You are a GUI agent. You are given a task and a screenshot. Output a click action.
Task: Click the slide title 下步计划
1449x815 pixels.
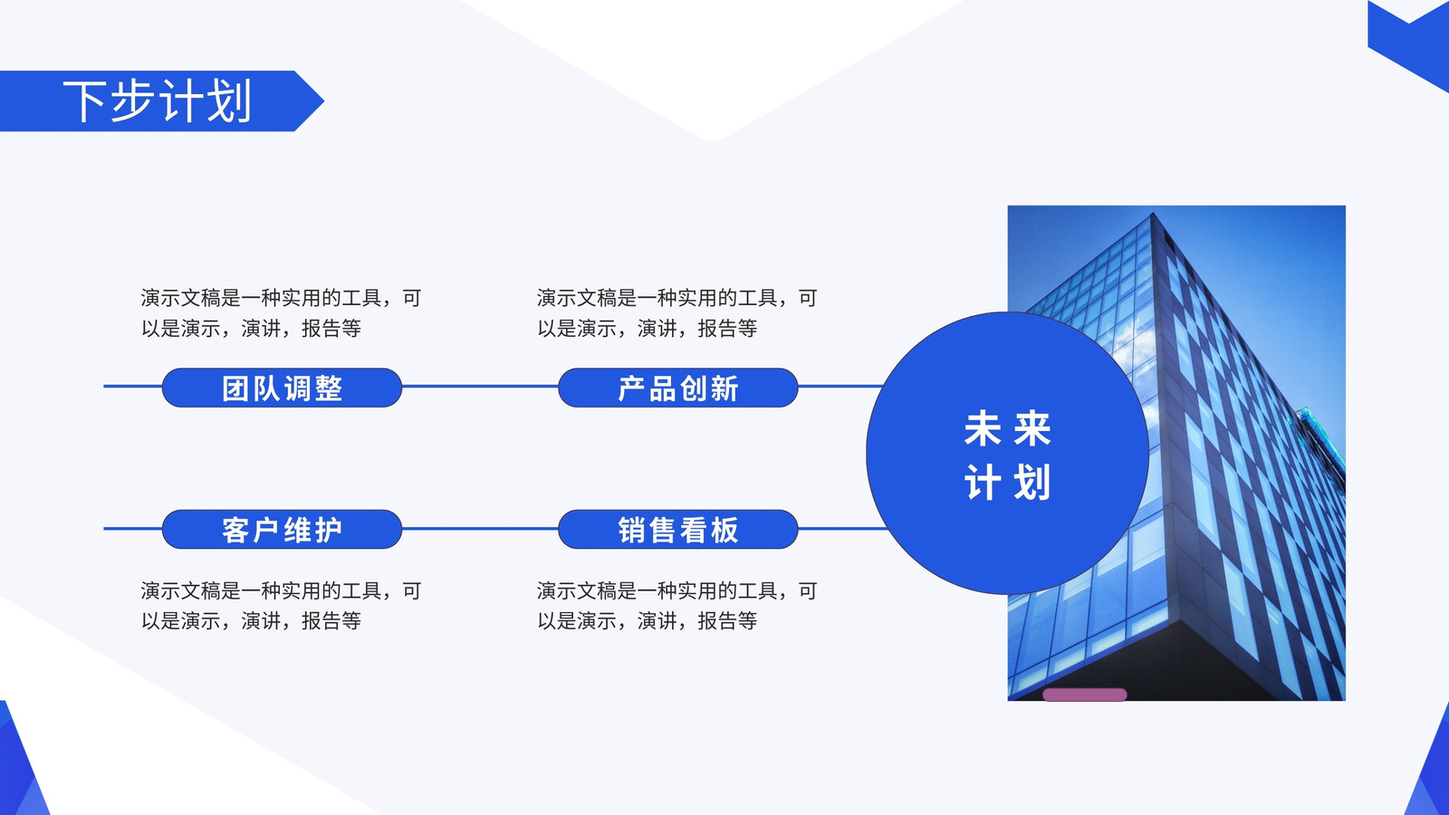158,101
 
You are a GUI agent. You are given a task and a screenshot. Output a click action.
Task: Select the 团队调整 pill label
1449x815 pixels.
282,388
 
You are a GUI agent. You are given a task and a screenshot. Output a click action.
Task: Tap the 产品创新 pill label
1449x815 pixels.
678,388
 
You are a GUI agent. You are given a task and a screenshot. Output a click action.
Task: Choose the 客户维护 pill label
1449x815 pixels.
282,530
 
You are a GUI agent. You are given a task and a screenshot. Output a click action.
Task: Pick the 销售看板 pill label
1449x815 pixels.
678,530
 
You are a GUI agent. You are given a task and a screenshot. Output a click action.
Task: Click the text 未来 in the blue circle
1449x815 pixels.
1007,428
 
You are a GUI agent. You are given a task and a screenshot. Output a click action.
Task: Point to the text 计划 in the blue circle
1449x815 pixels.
1007,482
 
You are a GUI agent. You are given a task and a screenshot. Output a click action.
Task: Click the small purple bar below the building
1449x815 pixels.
1085,695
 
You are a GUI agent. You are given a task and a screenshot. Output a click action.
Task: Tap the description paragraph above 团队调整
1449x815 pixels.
281,313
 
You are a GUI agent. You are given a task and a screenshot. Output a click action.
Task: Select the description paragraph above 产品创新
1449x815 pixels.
677,313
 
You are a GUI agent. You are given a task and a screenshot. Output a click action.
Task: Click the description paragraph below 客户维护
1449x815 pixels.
281,606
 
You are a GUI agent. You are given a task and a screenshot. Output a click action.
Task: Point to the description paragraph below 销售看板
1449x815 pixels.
677,606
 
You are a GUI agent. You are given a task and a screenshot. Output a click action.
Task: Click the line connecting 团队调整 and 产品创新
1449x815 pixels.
480,386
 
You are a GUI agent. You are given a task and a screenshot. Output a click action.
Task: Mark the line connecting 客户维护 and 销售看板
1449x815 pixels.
480,529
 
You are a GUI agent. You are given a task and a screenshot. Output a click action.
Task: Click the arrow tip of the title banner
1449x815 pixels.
323,101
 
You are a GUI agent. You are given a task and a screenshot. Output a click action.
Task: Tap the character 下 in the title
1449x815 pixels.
84,101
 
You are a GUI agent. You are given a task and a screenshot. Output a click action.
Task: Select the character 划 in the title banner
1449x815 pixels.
229,101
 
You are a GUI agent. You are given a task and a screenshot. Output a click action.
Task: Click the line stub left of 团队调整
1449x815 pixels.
132,386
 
